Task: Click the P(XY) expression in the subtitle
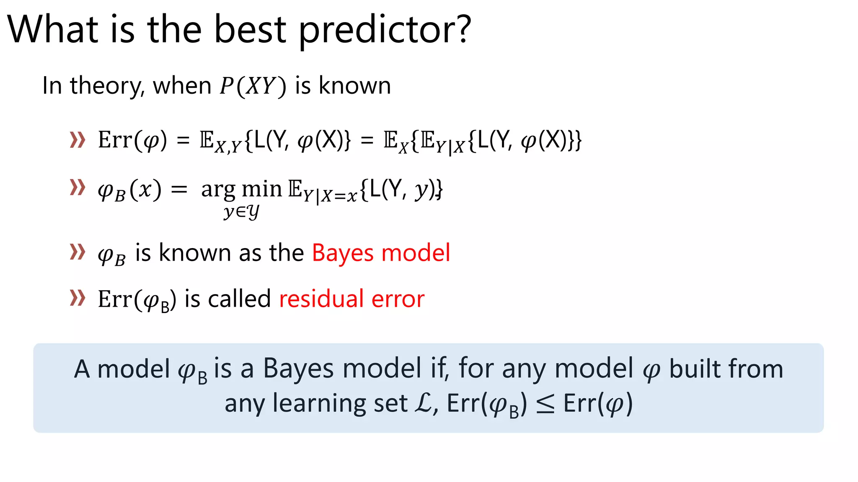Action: [253, 86]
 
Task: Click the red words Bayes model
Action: [381, 253]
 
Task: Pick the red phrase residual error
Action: [351, 299]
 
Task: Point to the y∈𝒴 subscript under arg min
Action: [241, 212]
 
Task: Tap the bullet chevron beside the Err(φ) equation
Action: [78, 140]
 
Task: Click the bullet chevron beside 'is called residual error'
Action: [78, 298]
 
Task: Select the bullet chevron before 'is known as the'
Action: [78, 252]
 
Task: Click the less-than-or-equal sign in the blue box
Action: [545, 405]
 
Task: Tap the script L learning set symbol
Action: [423, 403]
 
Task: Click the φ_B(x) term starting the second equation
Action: [129, 190]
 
